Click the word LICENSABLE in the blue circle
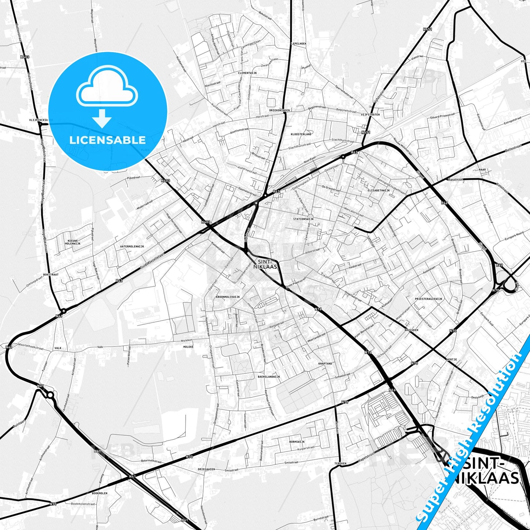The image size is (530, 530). click(107, 140)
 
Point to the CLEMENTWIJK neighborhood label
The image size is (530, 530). click(247, 73)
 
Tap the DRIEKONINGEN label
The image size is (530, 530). click(279, 110)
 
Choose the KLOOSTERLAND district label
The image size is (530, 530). click(301, 134)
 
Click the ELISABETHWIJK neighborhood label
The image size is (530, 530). click(379, 191)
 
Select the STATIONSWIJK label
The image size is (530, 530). click(303, 219)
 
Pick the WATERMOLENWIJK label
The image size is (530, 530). click(134, 246)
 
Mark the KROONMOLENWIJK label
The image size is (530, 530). click(228, 297)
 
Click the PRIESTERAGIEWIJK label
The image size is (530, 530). click(428, 299)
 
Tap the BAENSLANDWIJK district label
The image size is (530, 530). click(269, 377)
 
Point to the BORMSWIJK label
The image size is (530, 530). click(297, 442)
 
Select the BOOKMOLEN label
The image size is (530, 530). click(100, 493)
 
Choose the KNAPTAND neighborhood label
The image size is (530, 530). click(325, 363)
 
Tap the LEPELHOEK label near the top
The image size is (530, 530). click(298, 43)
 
